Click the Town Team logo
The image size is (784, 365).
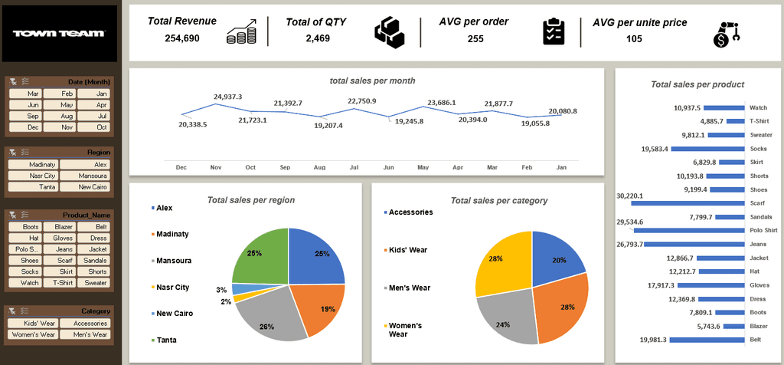point(59,34)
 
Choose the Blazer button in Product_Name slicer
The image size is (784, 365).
point(58,227)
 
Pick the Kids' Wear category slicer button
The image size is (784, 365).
point(33,323)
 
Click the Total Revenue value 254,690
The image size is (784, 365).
point(182,38)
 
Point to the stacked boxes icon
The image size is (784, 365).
point(389,31)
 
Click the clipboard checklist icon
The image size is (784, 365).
point(554,31)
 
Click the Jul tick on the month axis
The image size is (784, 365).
point(354,166)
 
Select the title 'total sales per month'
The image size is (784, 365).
point(372,81)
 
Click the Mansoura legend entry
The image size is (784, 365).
point(174,261)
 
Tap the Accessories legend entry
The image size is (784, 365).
point(410,212)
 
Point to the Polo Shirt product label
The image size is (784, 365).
point(763,230)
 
